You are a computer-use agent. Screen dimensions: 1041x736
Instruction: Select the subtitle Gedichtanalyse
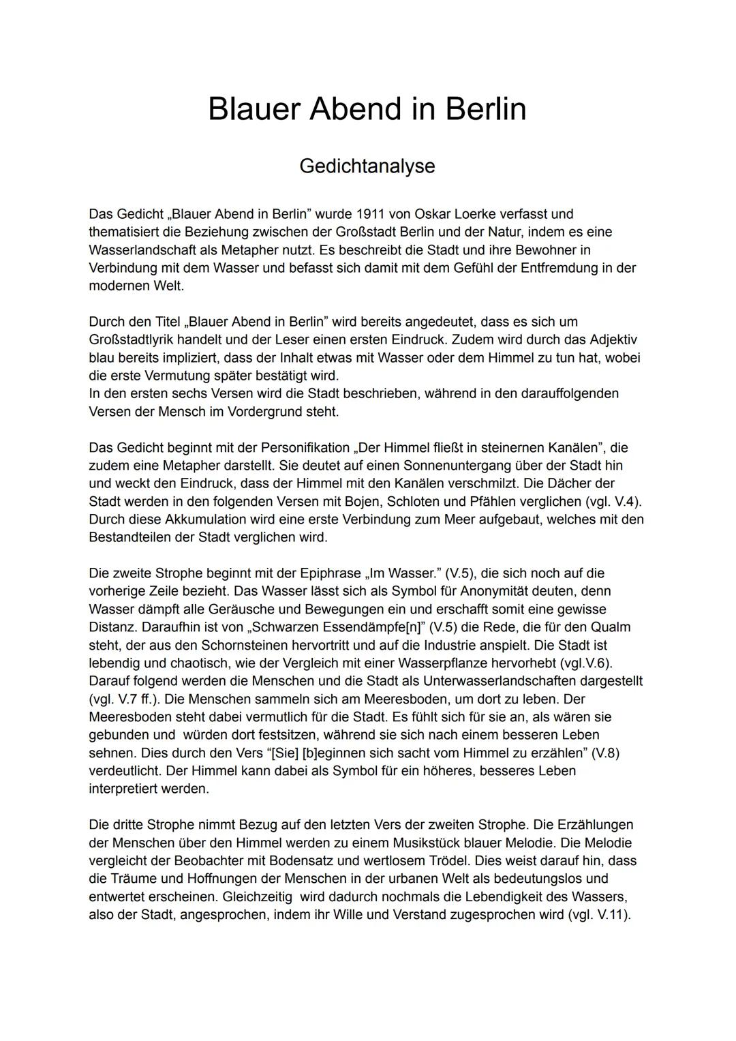[367, 166]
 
